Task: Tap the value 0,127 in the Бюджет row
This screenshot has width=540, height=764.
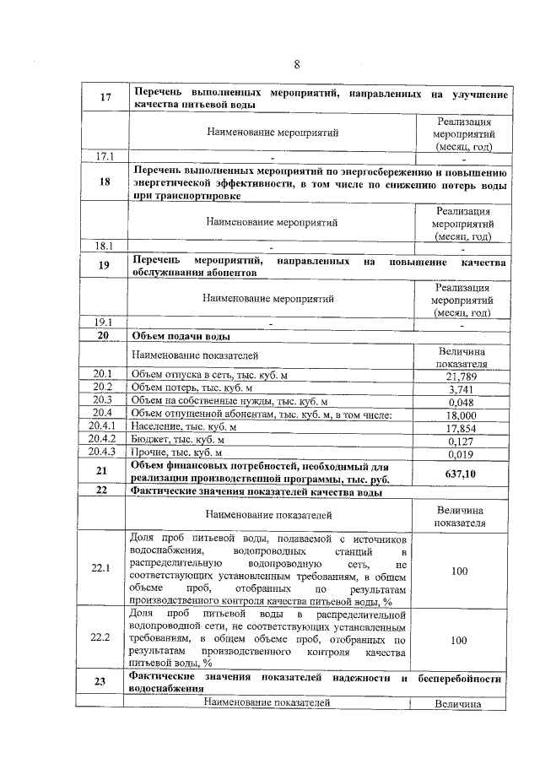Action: [460, 440]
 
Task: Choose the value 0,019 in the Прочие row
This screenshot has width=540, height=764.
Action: [460, 453]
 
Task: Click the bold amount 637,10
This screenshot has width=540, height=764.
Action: [460, 474]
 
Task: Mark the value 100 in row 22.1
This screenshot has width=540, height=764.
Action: [459, 572]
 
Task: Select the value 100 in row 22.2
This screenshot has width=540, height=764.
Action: [459, 641]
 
